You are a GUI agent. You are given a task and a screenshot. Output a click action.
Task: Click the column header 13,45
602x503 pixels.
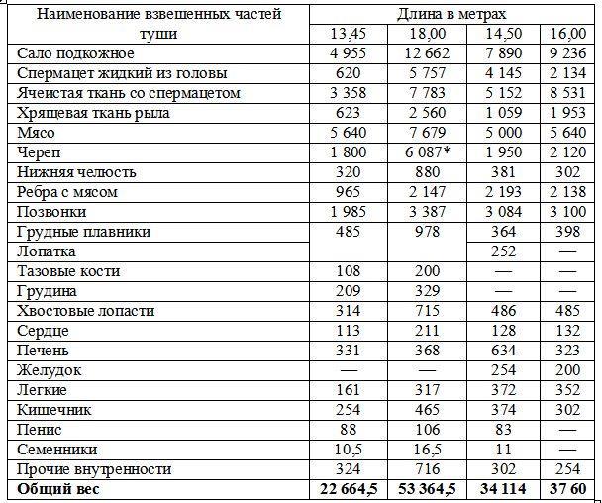point(348,34)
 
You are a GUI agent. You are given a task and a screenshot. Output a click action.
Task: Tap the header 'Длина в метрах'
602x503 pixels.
point(451,14)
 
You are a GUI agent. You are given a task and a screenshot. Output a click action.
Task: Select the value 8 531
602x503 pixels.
point(568,93)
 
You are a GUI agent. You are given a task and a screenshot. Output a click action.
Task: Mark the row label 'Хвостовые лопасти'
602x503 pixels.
point(86,311)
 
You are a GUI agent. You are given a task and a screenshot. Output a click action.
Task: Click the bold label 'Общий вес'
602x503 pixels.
point(58,489)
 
